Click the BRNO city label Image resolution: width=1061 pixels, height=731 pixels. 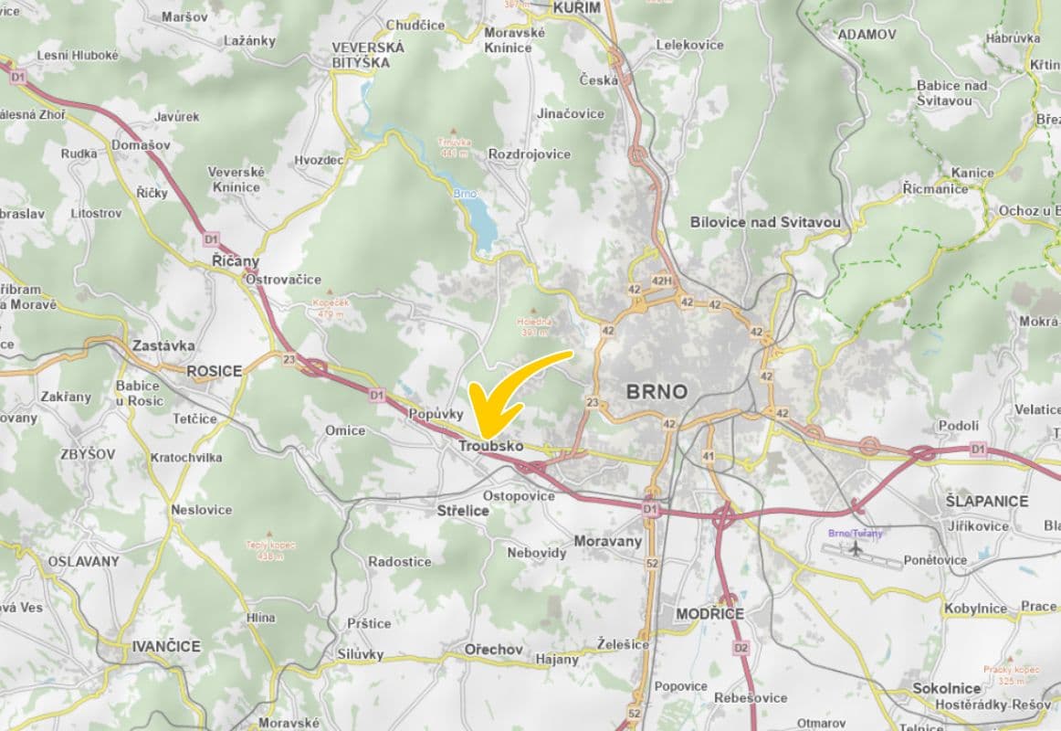657,392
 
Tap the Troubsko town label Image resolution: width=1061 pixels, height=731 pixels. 490,446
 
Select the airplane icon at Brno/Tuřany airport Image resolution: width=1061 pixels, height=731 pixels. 856,549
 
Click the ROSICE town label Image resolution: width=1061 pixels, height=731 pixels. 214,371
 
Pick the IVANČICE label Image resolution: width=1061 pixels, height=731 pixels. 165,646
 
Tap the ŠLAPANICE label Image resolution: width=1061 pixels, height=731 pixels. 986,501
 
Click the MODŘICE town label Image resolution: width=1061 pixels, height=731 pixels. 709,613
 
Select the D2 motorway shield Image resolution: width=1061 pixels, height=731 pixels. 741,648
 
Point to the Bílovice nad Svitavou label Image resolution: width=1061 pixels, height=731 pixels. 765,222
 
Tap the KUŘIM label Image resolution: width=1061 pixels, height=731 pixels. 577,7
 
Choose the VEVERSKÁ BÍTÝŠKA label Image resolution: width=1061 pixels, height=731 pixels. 361,54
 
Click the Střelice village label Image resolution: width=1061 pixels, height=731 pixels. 462,511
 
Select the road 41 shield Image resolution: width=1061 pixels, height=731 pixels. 708,455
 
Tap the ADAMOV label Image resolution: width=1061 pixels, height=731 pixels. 867,34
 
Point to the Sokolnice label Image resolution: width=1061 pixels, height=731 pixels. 946,688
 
